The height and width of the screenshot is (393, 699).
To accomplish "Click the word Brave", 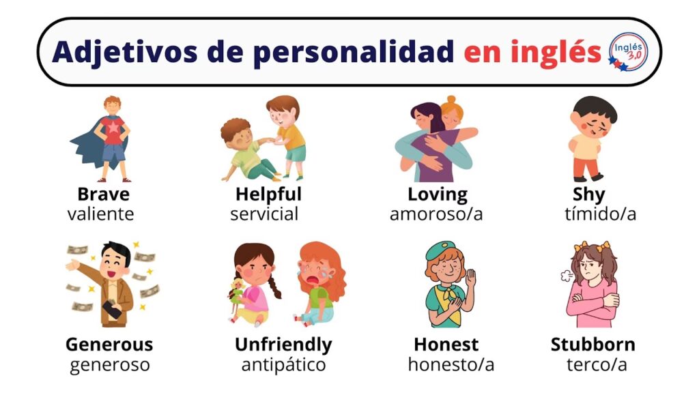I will [103, 194].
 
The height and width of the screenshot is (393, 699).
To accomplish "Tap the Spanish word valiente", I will [101, 214].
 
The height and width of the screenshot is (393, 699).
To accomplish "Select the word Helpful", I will [268, 194].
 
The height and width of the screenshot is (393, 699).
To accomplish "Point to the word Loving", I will [438, 194].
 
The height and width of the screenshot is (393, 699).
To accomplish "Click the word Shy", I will [588, 194].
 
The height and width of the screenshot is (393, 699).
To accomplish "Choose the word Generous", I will [109, 345].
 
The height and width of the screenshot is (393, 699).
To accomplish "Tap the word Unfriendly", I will [283, 345].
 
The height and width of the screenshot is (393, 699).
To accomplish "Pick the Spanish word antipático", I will [283, 365].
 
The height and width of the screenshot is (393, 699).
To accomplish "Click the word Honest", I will [446, 345].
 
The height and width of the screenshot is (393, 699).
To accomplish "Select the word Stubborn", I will [593, 345].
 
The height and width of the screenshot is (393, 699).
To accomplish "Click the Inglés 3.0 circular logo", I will [627, 52].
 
